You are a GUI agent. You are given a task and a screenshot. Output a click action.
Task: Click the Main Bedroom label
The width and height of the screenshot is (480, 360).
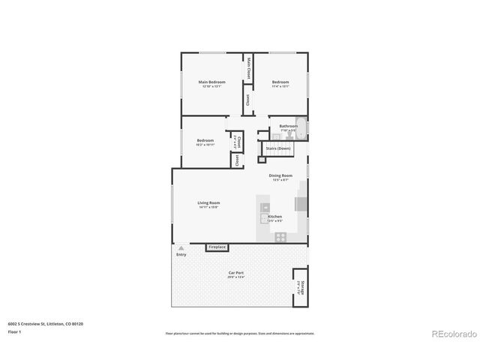point(211,82)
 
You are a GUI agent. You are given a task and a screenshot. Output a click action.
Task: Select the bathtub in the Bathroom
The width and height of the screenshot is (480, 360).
point(289,136)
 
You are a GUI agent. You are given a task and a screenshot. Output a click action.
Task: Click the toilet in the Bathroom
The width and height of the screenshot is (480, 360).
point(301,127)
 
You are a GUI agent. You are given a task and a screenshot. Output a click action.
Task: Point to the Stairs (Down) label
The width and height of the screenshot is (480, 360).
point(278,148)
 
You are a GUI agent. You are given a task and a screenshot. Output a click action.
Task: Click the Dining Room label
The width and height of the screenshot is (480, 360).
point(280,176)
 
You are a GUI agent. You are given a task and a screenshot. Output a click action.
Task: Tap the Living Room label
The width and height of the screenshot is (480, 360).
point(208,202)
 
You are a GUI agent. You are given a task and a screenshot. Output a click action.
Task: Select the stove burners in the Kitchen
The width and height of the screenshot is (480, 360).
point(280,237)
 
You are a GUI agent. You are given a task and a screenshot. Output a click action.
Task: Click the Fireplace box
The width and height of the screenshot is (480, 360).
point(217,247)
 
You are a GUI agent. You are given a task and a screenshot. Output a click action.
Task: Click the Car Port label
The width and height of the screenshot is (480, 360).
point(236,273)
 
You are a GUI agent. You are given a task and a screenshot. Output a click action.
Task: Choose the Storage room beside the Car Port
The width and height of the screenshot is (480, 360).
point(300,286)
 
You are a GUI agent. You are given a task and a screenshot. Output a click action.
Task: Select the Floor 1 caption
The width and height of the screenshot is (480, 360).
point(15,331)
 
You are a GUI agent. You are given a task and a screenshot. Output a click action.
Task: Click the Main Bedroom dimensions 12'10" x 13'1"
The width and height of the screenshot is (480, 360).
point(211,86)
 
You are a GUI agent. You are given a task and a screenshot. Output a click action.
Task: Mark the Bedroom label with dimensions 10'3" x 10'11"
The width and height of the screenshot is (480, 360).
point(205,141)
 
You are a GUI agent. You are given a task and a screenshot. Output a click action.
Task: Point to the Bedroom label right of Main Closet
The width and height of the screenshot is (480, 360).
point(280,82)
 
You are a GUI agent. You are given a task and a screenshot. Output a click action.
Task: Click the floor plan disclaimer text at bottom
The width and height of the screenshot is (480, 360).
point(240,333)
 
